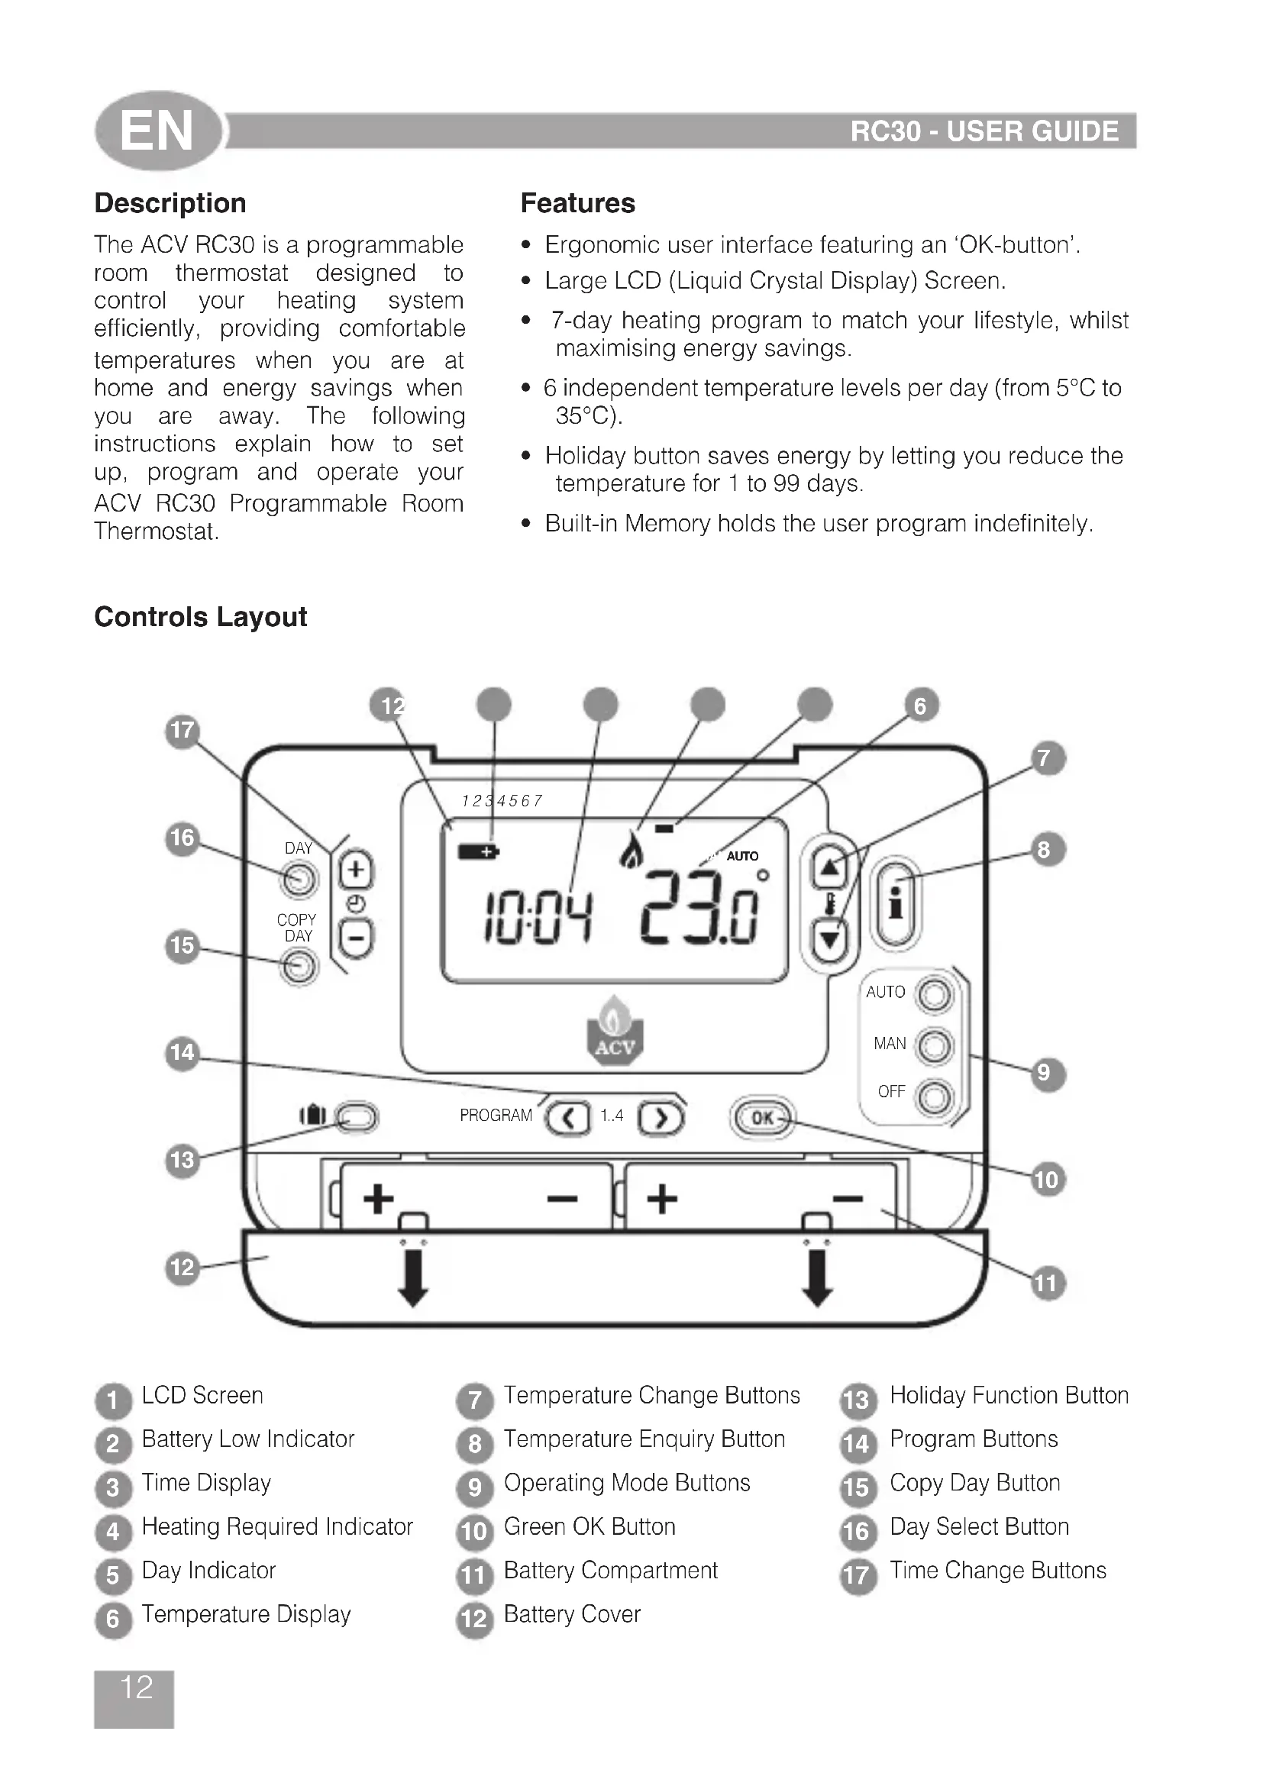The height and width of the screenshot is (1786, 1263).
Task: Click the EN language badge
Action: pos(158,131)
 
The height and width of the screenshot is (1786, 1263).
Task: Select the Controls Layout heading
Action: pos(201,617)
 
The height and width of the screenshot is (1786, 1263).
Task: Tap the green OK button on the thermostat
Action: pos(762,1118)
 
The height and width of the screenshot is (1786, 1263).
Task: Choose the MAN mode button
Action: pos(934,1045)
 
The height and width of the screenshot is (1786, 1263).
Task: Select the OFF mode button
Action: pos(934,1096)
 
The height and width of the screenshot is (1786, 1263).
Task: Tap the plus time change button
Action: pos(356,870)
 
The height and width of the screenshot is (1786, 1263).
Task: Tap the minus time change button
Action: pos(356,938)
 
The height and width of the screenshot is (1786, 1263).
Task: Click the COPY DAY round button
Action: pos(299,967)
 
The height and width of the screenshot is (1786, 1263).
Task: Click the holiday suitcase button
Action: pos(357,1118)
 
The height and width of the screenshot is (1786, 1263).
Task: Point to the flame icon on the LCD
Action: pos(631,851)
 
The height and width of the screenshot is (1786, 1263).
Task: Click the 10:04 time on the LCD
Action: pos(538,918)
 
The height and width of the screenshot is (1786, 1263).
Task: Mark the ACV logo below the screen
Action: pos(615,1034)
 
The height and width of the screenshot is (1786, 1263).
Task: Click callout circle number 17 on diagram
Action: pos(183,732)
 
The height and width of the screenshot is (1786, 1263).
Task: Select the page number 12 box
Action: pos(134,1698)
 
